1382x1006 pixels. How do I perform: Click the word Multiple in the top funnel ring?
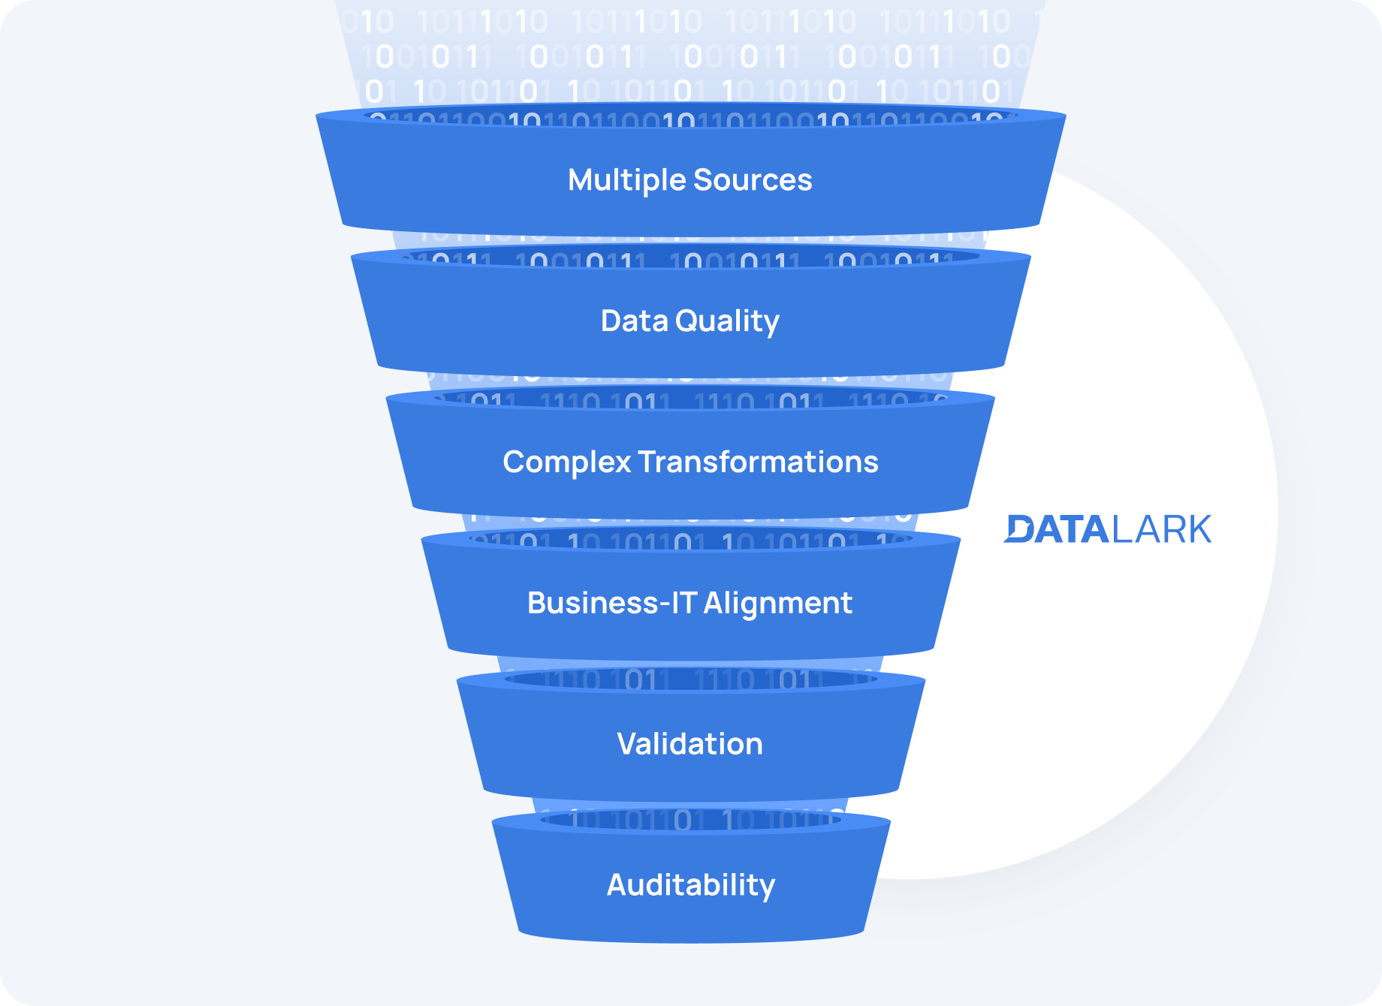(626, 180)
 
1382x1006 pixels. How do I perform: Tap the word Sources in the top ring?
(753, 180)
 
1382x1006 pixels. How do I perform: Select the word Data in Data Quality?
(634, 321)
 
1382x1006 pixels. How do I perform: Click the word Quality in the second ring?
(727, 321)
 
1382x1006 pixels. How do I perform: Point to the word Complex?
(567, 462)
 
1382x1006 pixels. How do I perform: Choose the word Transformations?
(759, 462)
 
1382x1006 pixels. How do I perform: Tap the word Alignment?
(777, 603)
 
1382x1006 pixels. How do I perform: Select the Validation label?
(689, 744)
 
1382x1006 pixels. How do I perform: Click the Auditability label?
(691, 885)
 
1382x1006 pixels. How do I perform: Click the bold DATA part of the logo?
(1057, 529)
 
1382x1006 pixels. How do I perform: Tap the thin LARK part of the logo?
(1161, 529)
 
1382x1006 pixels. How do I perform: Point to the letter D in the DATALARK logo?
(1020, 529)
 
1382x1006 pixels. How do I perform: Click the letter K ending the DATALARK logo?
(1197, 529)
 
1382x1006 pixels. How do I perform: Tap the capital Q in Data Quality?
(687, 321)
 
